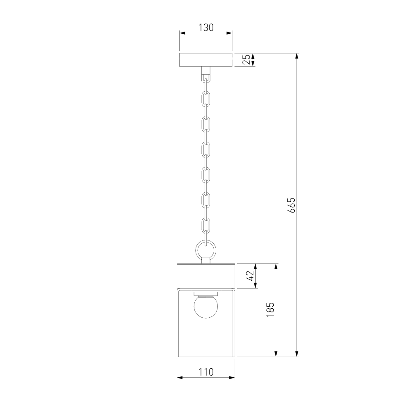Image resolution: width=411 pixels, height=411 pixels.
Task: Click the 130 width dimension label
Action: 206,28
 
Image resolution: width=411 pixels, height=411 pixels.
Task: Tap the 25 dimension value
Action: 246,60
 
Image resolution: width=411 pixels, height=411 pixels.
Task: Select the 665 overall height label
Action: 291,205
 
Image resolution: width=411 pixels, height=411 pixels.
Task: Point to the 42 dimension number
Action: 251,275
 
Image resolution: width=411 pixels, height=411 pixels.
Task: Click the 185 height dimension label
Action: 270,309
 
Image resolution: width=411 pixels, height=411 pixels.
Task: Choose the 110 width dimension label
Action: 206,372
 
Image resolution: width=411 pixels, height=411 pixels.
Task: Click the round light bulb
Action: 206,307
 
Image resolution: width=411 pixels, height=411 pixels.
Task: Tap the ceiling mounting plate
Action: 206,60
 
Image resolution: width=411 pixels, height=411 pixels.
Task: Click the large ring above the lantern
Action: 206,250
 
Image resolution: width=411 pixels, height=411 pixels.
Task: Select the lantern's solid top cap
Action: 206,276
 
